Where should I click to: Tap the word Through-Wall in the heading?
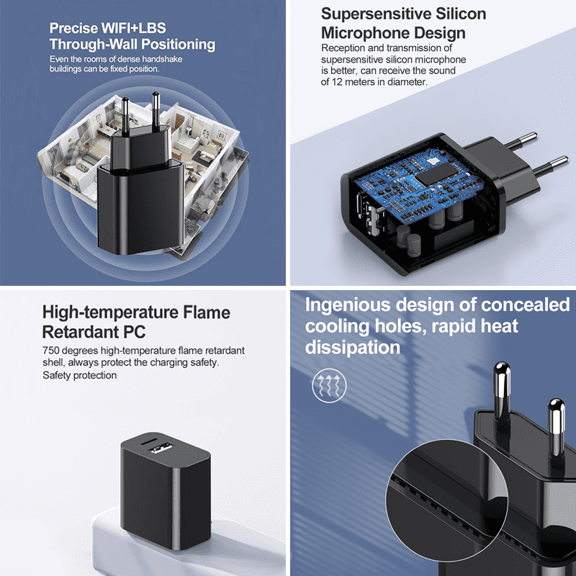pyautogui.click(x=94, y=44)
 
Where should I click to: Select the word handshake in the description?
pyautogui.click(x=162, y=59)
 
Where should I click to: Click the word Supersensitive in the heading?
pyautogui.click(x=376, y=14)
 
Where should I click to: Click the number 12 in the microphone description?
pyautogui.click(x=337, y=82)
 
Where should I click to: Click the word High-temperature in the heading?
pyautogui.click(x=110, y=313)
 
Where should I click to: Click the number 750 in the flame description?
pyautogui.click(x=50, y=351)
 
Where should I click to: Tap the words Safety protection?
pyautogui.click(x=79, y=375)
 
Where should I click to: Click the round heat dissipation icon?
pyautogui.click(x=329, y=385)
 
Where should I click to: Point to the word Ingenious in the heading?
pyautogui.click(x=348, y=305)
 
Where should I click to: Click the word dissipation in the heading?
pyautogui.click(x=353, y=347)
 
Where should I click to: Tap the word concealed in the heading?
pyautogui.click(x=526, y=305)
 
